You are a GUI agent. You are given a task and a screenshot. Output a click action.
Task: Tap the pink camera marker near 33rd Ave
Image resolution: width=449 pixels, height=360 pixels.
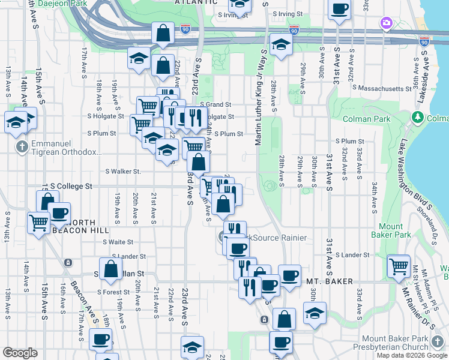tap(386, 24)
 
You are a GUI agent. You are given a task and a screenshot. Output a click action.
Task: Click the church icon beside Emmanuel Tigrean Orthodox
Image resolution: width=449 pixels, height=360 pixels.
tap(22, 146)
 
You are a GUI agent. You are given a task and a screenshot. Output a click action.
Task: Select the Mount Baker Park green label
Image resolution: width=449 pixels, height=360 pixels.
tap(391, 231)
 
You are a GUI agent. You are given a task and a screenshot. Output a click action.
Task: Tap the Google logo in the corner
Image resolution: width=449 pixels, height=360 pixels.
tap(20, 353)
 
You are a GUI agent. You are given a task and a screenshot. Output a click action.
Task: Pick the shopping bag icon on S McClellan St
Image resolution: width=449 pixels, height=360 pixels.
tap(111, 270)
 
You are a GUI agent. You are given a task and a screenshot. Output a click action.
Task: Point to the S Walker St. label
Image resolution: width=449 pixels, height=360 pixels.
tap(122, 172)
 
